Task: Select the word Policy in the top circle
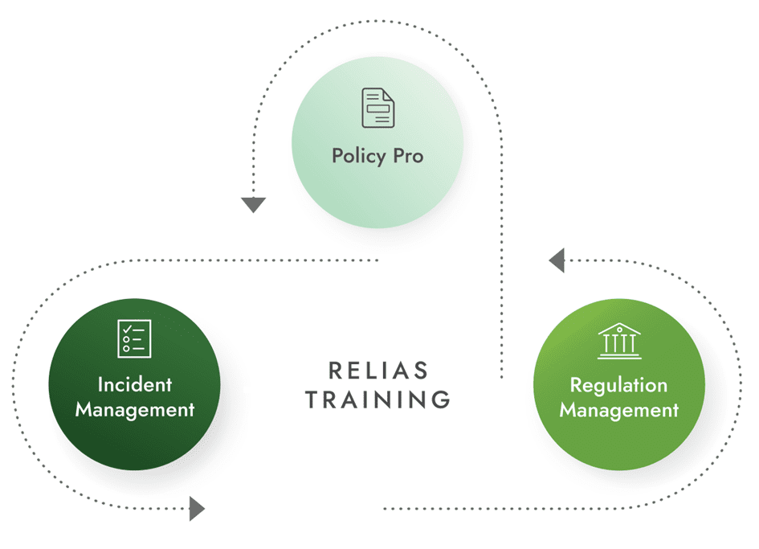click(357, 155)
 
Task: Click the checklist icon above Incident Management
click(134, 338)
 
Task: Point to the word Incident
click(135, 384)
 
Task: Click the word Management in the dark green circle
click(135, 410)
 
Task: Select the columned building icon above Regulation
click(619, 340)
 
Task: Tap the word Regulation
click(618, 385)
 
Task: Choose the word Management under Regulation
click(618, 410)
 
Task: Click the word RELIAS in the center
click(378, 371)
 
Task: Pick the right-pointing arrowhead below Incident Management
click(197, 508)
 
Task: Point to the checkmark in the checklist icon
click(126, 330)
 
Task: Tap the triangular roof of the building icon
click(619, 329)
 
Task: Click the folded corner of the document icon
click(389, 95)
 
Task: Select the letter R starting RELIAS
click(334, 371)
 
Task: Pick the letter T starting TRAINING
click(312, 399)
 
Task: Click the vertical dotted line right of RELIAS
click(502, 322)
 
